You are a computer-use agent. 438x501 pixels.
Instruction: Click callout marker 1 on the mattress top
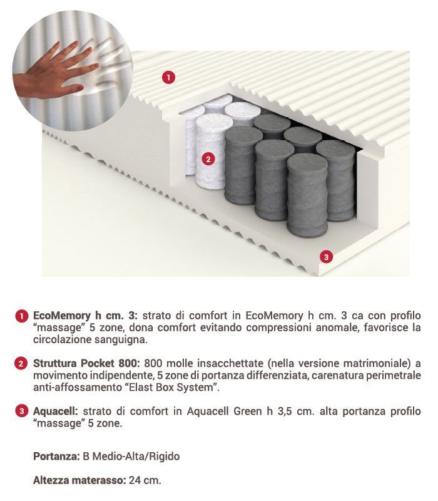tap(168, 77)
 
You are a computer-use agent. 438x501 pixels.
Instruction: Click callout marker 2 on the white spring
tap(209, 159)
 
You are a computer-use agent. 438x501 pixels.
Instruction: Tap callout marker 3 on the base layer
tap(325, 256)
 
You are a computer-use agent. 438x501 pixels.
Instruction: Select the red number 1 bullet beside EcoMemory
tap(21, 315)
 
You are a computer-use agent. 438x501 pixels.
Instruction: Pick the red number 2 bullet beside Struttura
tap(21, 363)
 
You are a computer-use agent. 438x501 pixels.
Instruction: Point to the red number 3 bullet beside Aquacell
tap(21, 411)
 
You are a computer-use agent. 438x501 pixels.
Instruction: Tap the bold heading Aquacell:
tap(55, 411)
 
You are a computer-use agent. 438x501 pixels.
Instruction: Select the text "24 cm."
tap(144, 481)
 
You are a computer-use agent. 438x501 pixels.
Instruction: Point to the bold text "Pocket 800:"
tap(116, 363)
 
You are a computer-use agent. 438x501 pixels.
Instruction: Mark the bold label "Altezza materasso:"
tap(79, 481)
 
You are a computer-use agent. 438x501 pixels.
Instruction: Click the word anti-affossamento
tap(71, 388)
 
